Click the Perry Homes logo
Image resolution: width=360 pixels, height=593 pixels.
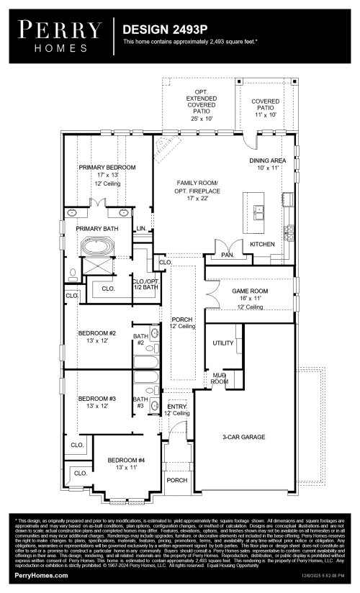(x=59, y=33)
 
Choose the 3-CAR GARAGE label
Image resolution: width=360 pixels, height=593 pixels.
(x=243, y=437)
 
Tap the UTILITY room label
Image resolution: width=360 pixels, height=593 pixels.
(x=223, y=343)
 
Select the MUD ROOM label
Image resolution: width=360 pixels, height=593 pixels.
(x=219, y=379)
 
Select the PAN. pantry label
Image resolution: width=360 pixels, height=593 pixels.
(x=228, y=255)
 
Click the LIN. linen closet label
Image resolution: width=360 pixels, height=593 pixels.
(x=141, y=228)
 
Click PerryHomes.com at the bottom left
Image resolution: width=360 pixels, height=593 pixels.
(x=42, y=576)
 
